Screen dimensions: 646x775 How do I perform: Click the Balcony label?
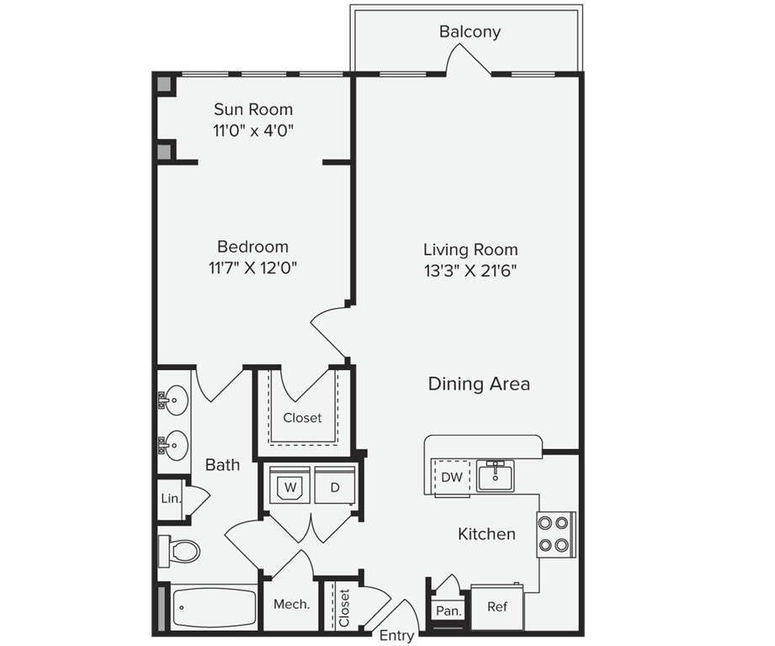(x=470, y=32)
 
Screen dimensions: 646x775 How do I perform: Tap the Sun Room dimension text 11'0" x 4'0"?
(x=253, y=131)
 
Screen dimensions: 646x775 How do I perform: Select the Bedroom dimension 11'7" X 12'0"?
(x=253, y=268)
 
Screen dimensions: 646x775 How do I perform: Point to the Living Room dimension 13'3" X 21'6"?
(x=470, y=271)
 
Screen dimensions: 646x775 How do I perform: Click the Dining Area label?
(x=479, y=384)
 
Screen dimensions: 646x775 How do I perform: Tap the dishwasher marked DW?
(x=451, y=477)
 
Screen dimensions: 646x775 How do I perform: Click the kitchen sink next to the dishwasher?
(x=496, y=476)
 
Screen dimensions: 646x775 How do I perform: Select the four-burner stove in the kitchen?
(x=556, y=534)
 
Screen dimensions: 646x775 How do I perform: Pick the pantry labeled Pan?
(x=448, y=611)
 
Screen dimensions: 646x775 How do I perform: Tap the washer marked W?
(x=289, y=486)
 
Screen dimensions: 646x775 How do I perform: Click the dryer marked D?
(x=334, y=486)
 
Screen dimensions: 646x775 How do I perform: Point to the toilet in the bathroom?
(x=179, y=551)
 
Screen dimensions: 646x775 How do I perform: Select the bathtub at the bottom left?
(x=214, y=607)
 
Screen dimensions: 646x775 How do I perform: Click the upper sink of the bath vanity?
(x=175, y=400)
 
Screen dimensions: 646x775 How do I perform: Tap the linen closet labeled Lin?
(x=171, y=498)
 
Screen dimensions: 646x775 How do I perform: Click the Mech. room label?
(x=291, y=605)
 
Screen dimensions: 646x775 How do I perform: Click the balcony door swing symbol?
(x=467, y=59)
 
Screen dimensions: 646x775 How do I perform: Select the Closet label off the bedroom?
(x=302, y=418)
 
